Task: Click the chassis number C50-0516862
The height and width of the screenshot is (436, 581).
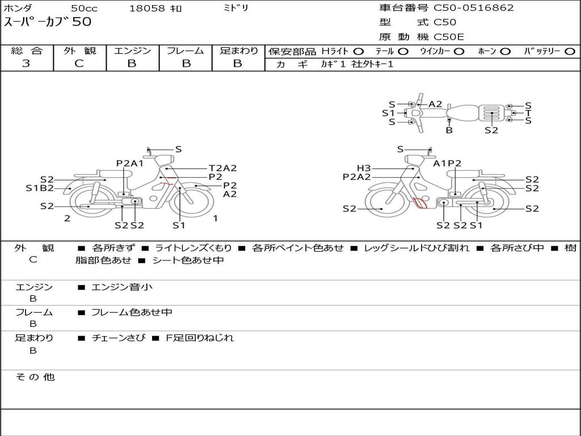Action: click(474, 8)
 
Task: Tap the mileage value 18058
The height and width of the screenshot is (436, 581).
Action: click(146, 8)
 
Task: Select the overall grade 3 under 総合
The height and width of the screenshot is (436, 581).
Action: click(26, 64)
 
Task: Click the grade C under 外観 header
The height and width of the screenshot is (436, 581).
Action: click(79, 64)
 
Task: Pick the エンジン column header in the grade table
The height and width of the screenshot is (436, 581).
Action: click(132, 51)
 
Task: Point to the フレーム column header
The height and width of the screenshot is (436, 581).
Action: click(186, 51)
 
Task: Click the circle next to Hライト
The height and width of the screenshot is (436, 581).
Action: click(359, 52)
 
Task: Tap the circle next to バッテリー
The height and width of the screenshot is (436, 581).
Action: click(570, 52)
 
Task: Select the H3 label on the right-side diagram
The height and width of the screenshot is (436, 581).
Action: click(364, 168)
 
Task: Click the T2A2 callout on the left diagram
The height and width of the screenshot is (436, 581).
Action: click(222, 168)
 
